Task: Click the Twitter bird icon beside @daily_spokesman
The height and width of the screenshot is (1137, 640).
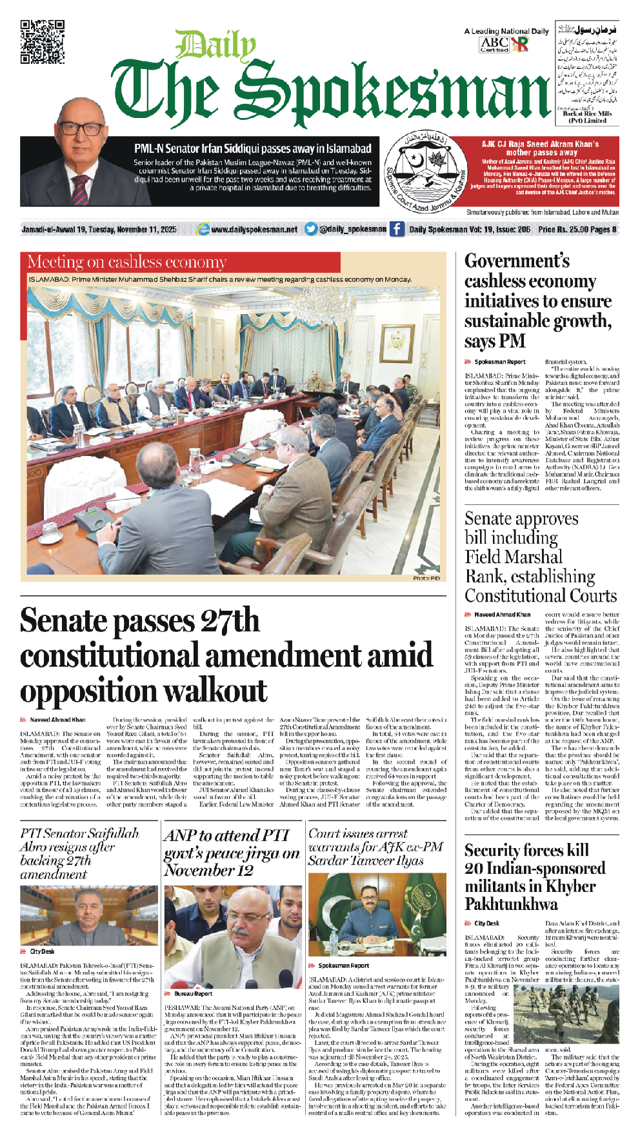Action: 311,229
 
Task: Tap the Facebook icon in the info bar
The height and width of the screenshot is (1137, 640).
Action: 397,229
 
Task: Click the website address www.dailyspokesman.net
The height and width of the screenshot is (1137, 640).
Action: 254,229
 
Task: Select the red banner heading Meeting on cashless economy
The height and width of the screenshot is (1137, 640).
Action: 127,262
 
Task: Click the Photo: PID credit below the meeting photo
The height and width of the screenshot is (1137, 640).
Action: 426,578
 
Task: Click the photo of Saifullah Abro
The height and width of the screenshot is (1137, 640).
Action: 89,915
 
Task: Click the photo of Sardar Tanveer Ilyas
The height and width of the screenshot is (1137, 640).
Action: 377,915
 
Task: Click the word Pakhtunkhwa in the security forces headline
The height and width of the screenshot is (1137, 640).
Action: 511,904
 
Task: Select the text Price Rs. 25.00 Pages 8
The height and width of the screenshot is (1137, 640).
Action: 577,229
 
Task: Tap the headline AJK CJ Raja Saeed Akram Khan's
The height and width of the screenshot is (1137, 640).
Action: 540,144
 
